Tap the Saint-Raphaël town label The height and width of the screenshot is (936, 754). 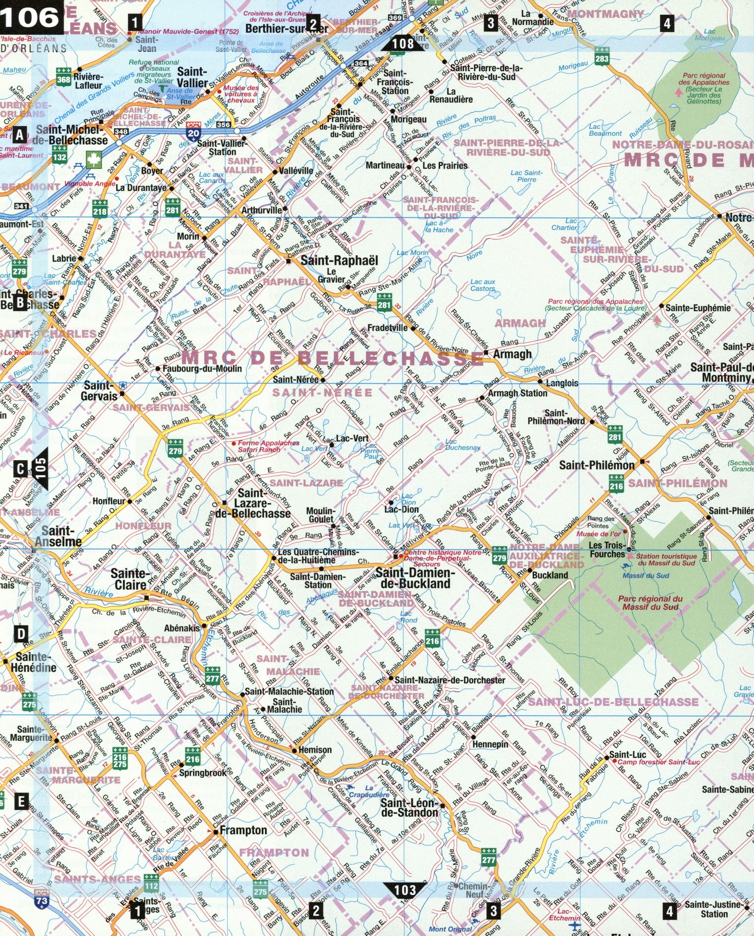pos(339,260)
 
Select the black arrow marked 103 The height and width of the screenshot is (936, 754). pos(404,889)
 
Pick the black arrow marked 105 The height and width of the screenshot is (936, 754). pos(41,468)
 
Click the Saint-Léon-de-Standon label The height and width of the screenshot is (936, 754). pos(409,808)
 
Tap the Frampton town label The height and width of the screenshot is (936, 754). pos(243,830)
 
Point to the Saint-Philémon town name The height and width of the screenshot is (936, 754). pos(597,465)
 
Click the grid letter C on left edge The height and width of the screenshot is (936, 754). pos(20,468)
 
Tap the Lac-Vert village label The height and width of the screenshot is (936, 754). pos(352,438)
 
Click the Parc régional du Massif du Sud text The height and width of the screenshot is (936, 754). pos(650,602)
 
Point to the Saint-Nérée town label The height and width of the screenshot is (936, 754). pos(296,379)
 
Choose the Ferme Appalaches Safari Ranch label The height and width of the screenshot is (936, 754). pos(268,446)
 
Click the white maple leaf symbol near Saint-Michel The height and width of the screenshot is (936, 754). pos(94,160)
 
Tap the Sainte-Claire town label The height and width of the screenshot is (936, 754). pos(130,579)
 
